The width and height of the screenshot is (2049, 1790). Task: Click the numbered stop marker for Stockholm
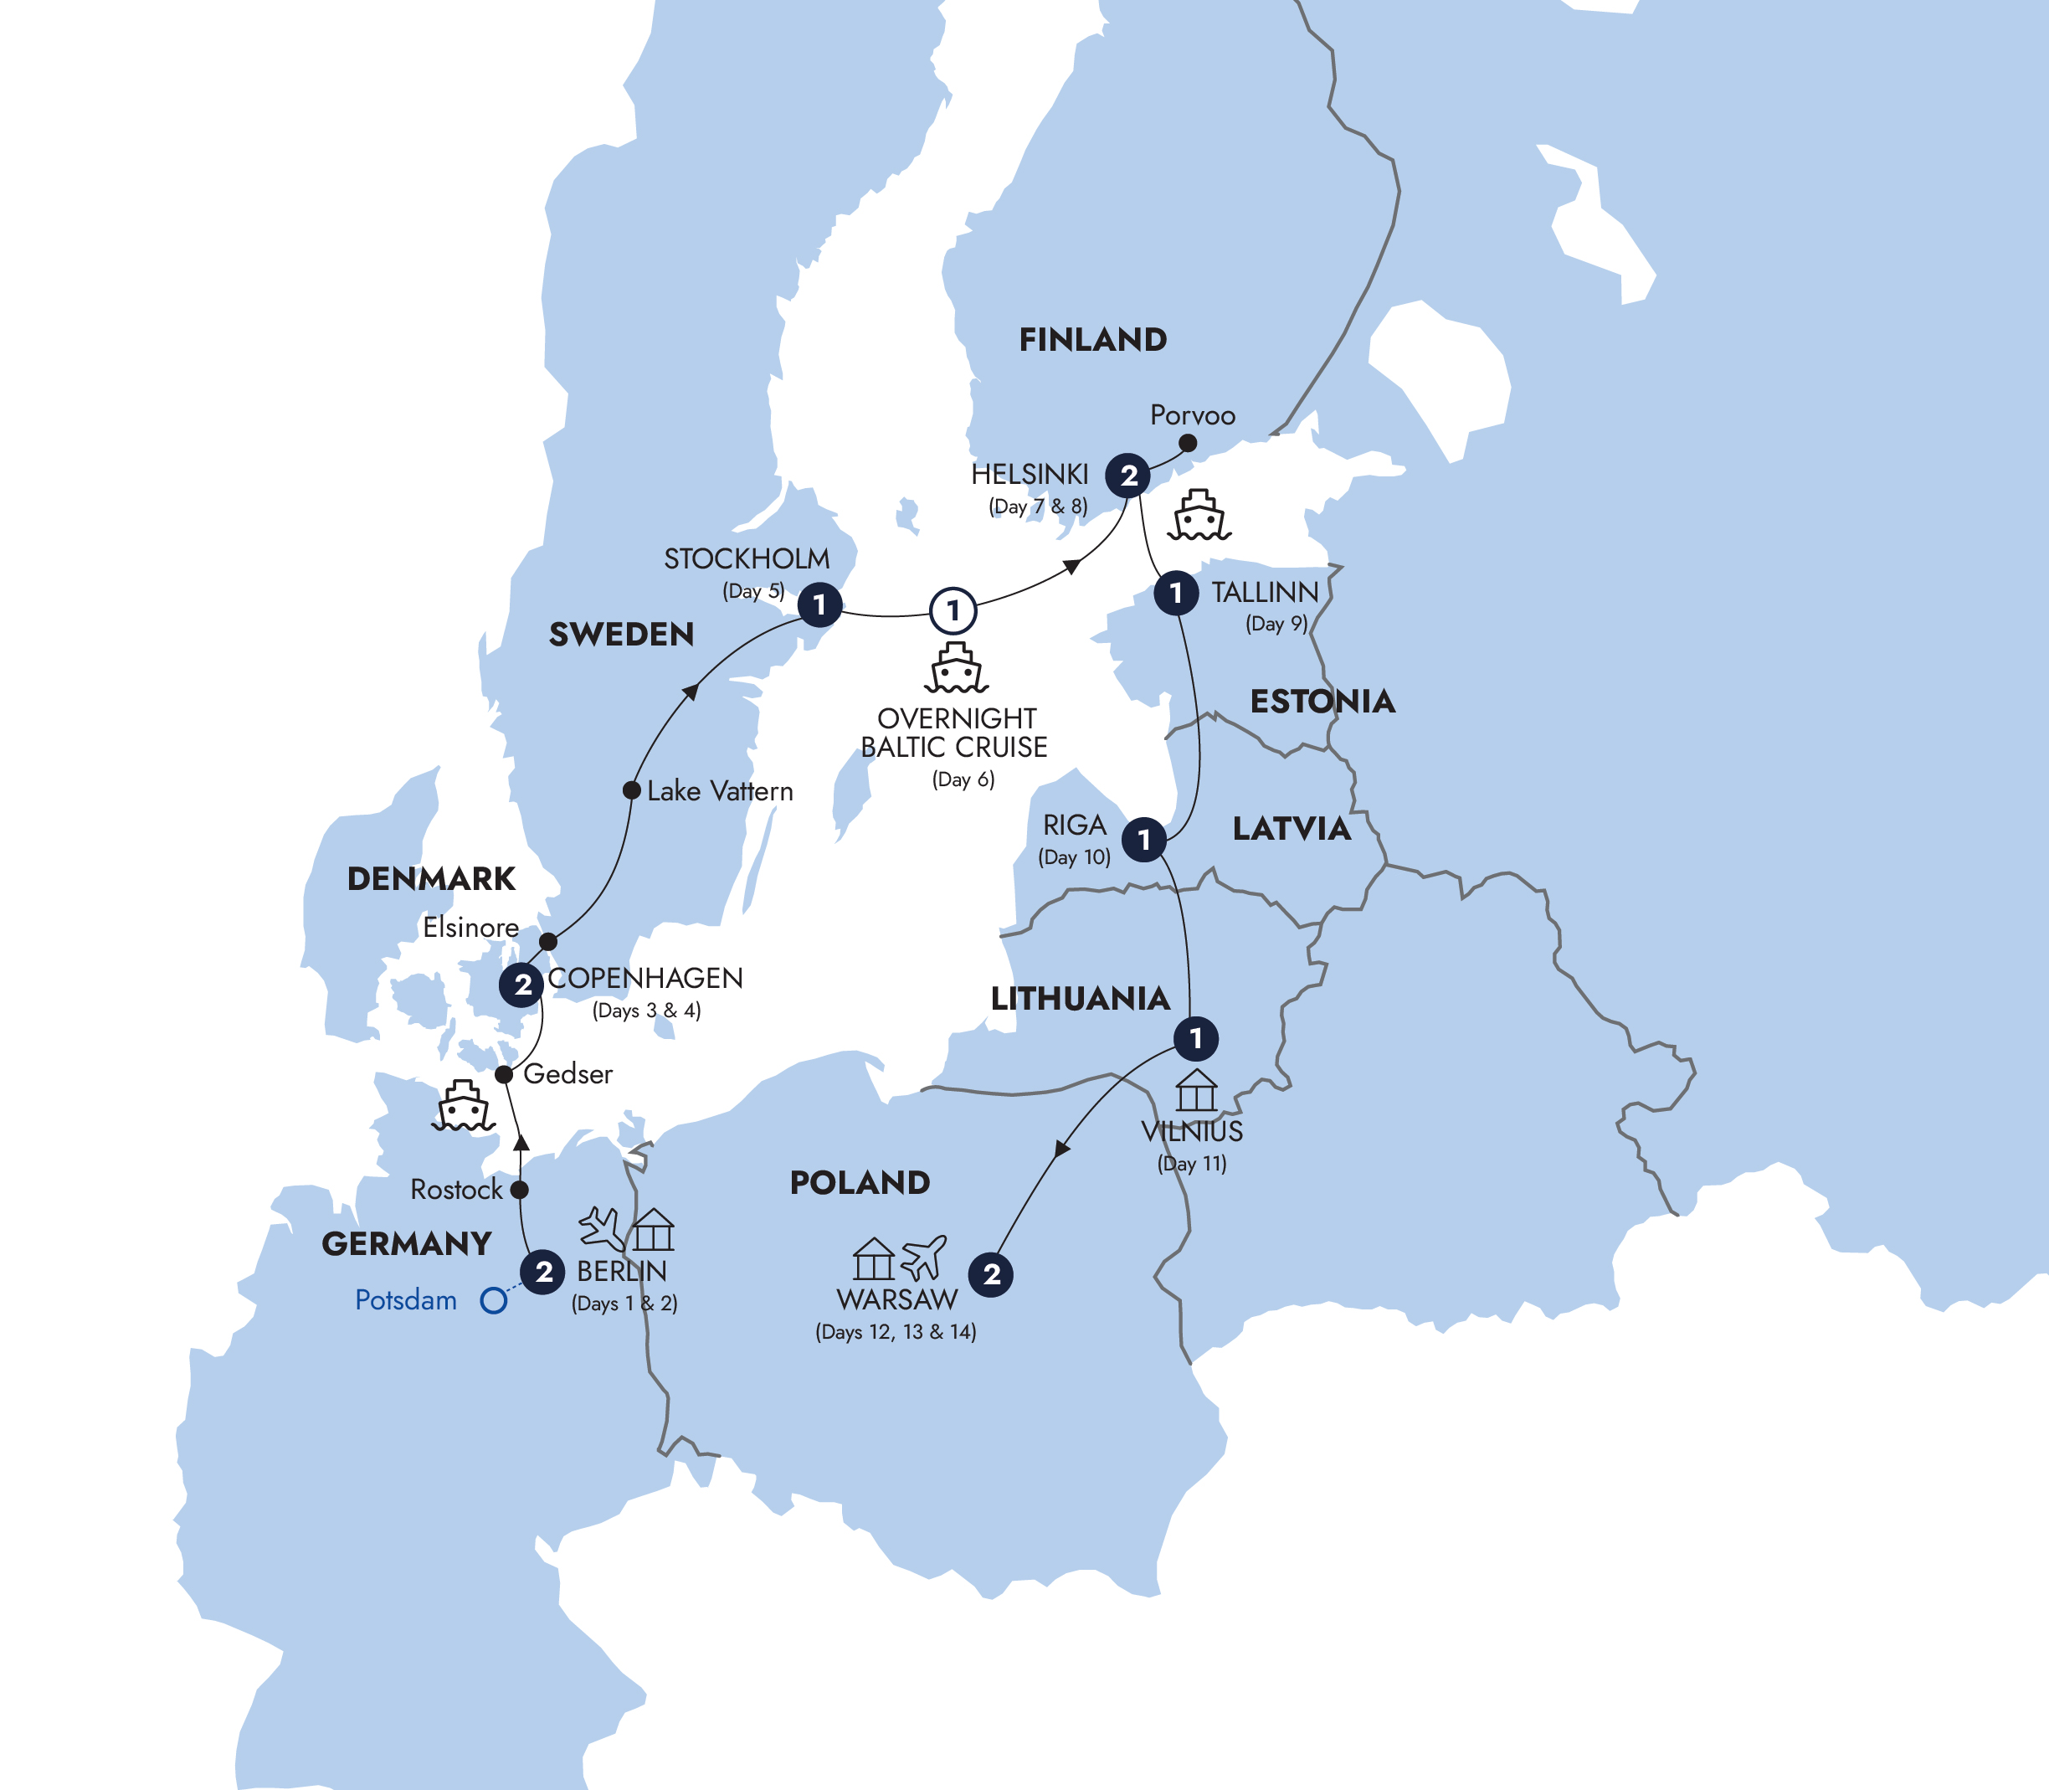819,604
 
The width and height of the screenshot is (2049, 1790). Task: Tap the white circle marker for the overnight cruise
953,610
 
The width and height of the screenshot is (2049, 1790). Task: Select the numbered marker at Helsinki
1128,476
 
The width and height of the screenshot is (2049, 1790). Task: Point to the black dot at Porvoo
1187,443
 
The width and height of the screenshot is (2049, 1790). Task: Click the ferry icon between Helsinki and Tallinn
1199,516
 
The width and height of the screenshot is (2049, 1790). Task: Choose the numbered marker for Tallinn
1176,594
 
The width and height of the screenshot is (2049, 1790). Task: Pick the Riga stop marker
1144,840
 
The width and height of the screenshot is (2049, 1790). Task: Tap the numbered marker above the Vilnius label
1196,1039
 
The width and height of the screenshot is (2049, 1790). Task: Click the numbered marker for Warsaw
992,1274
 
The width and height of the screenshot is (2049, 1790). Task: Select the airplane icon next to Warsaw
924,1258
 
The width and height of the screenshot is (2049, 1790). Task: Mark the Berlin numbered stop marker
543,1273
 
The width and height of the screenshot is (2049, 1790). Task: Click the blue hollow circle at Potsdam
493,1300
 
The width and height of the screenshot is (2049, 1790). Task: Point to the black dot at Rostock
519,1190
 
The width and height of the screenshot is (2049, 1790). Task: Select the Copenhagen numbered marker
521,985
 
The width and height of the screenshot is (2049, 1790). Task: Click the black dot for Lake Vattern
631,790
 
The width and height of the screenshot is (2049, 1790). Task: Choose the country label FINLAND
1092,340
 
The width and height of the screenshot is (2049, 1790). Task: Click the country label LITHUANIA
1080,998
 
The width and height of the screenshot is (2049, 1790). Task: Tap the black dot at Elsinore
548,941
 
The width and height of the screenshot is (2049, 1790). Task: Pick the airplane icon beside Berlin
602,1228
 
